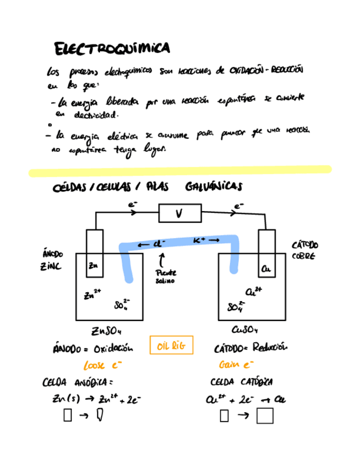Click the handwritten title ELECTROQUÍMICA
tap(112, 49)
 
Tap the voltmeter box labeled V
tap(180, 213)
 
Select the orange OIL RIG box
tap(172, 347)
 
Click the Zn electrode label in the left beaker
tap(93, 267)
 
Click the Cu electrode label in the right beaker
tap(266, 269)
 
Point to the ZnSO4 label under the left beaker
tap(106, 331)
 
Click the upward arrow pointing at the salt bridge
tap(162, 260)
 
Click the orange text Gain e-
tap(236, 365)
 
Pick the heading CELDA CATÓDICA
tap(241, 383)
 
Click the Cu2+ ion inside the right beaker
tap(253, 290)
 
